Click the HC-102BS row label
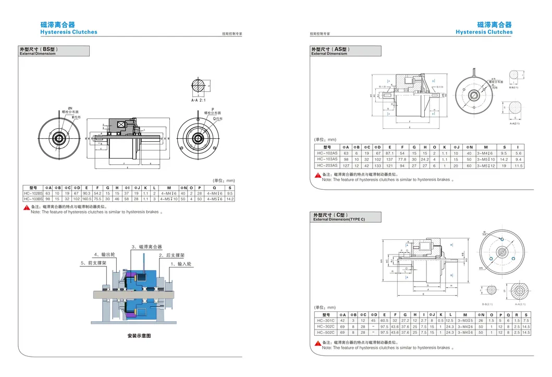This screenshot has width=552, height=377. [x=34, y=193]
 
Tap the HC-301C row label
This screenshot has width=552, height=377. [x=326, y=321]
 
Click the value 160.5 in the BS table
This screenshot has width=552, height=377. [x=87, y=199]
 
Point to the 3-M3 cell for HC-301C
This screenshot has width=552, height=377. [x=465, y=321]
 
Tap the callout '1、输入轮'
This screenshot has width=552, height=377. [x=181, y=264]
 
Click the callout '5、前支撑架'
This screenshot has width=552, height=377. [x=93, y=263]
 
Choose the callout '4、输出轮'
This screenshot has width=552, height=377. [x=104, y=254]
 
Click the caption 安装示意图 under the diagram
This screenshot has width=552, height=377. [x=139, y=336]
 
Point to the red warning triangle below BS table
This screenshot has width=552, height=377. [x=26, y=208]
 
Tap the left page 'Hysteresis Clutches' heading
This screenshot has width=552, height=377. [x=69, y=32]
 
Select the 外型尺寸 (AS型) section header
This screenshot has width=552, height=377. [x=330, y=50]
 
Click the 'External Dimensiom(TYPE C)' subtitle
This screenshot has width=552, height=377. [x=339, y=220]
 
